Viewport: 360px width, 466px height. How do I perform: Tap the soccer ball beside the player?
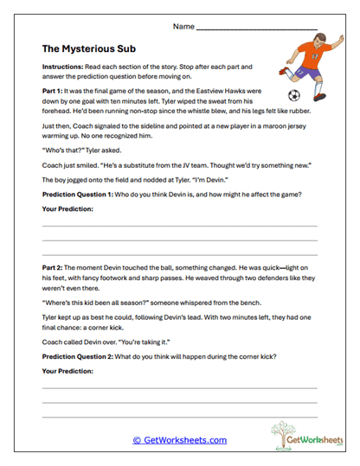(x=294, y=95)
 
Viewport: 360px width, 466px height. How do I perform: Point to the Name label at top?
(x=183, y=27)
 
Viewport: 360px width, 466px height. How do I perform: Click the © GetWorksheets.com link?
(x=179, y=440)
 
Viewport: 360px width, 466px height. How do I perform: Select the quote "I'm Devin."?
(x=191, y=179)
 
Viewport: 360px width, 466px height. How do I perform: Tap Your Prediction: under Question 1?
(x=67, y=209)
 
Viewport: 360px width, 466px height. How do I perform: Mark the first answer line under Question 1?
(x=179, y=225)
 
